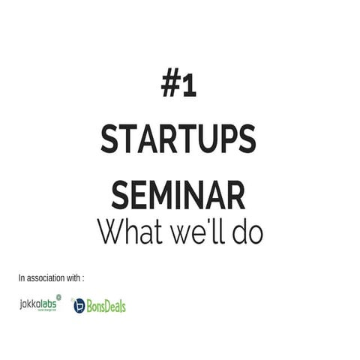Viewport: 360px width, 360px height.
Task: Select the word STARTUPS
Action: [x=178, y=140]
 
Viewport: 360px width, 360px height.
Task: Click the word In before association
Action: [x=22, y=278]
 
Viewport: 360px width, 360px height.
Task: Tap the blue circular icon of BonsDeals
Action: [x=79, y=306]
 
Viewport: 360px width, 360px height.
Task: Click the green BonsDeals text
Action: [x=106, y=306]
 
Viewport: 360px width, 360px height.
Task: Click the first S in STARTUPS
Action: [x=112, y=140]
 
